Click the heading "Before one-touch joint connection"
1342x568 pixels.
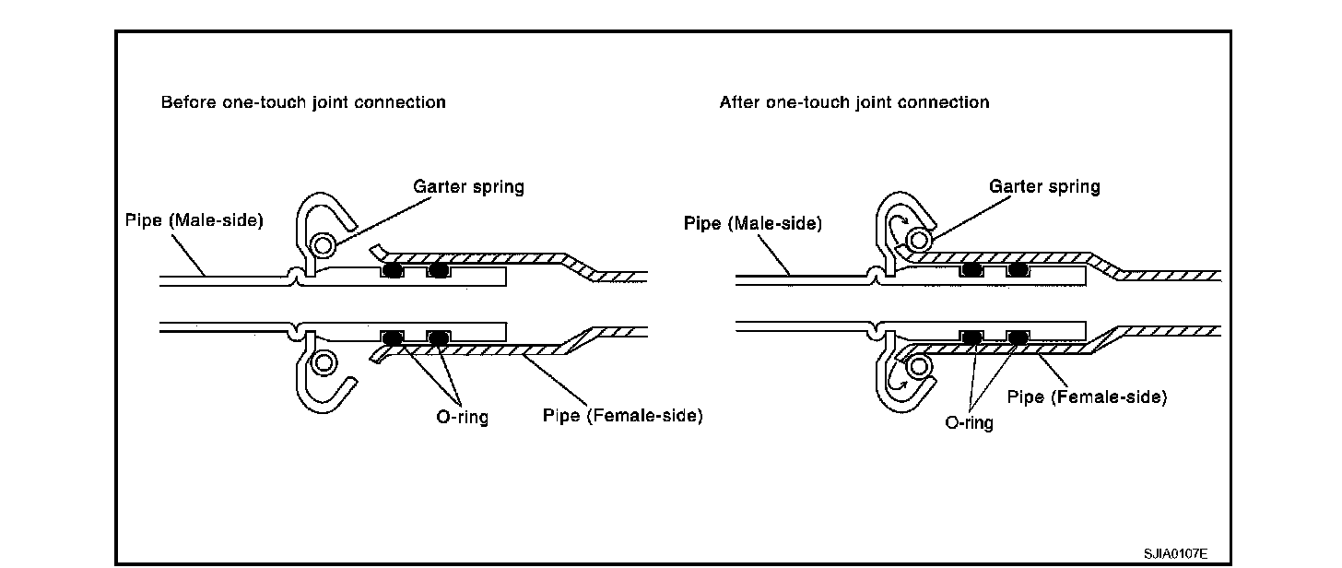(x=303, y=102)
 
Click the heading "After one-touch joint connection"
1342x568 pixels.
(x=853, y=102)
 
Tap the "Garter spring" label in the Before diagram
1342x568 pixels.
(x=468, y=187)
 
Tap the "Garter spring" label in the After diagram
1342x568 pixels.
(x=1044, y=187)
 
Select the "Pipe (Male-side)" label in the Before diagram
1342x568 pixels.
(x=194, y=220)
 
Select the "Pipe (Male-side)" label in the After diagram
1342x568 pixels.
(x=753, y=223)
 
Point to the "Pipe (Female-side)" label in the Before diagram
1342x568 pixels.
(x=622, y=416)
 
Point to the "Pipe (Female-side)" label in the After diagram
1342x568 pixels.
(x=1087, y=397)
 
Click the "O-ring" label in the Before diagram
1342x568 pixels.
(x=462, y=417)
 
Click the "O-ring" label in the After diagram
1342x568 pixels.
(x=969, y=423)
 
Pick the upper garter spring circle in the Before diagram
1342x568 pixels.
(x=324, y=244)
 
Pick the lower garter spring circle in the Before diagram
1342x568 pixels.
(x=324, y=362)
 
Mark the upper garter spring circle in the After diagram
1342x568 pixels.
(x=916, y=240)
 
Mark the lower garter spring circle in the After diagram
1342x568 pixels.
(x=916, y=367)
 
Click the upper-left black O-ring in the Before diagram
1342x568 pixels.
(x=393, y=271)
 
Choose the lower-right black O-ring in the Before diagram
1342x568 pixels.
(x=438, y=337)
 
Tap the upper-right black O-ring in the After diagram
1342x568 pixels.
(x=1018, y=270)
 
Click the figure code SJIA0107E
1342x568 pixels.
(x=1175, y=553)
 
